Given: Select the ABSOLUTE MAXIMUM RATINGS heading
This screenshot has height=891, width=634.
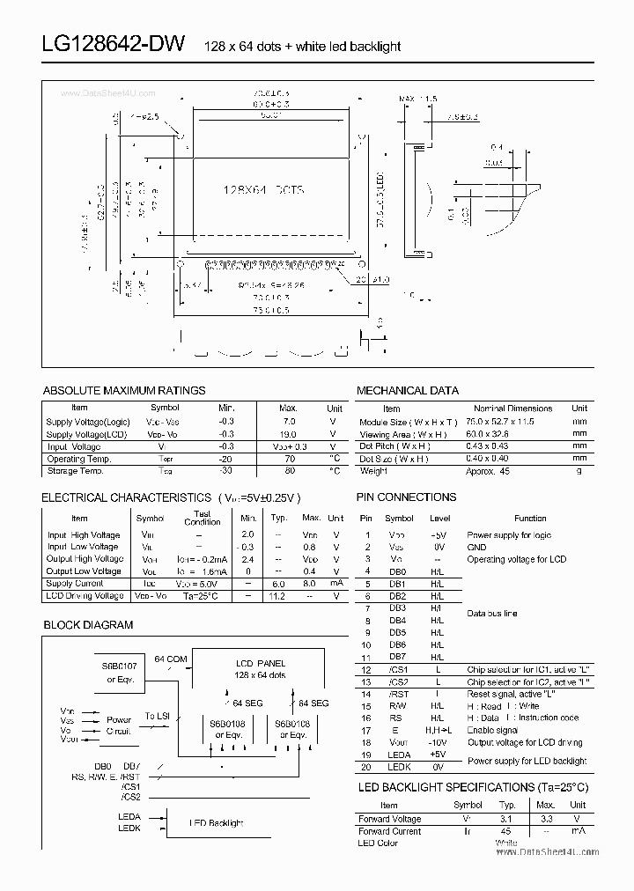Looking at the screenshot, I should (124, 390).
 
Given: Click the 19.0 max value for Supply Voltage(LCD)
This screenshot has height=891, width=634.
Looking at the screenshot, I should (288, 434).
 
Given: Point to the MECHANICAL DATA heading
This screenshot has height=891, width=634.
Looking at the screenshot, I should (408, 390).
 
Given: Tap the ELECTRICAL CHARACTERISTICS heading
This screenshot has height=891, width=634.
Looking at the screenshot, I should (126, 497).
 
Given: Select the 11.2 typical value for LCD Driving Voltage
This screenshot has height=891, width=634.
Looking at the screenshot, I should (278, 596).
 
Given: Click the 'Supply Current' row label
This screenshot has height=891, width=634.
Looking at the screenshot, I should (74, 584).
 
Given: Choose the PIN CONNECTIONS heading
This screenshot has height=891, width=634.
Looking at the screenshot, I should (406, 497).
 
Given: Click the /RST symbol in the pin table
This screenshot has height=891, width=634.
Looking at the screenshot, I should (399, 694).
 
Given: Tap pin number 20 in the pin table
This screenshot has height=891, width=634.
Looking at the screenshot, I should (366, 767).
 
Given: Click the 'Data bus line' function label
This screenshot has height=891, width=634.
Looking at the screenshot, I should (492, 613).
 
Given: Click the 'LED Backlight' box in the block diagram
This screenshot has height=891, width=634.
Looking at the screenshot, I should (217, 823).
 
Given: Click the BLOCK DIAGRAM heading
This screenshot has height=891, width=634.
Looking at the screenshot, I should (88, 625).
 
